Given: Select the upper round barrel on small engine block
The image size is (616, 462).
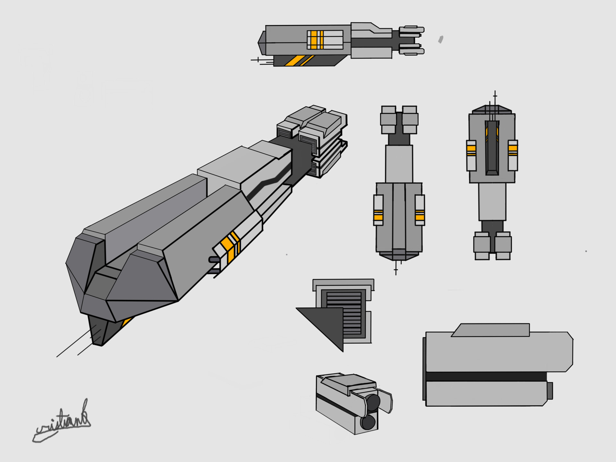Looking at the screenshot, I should click(373, 401).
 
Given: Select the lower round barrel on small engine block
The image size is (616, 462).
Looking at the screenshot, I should click(368, 422).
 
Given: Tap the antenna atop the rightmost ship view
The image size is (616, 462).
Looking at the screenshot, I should click(495, 98).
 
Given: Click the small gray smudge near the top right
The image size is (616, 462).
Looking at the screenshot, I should click(441, 39).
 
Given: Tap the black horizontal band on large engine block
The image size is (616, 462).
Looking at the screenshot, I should click(486, 376).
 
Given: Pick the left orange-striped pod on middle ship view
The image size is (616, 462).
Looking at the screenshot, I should click(379, 210).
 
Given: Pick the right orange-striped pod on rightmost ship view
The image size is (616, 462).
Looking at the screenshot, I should click(513, 155).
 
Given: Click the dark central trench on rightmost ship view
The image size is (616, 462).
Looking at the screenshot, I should click(492, 148).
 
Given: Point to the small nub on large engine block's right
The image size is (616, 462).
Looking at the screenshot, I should click(550, 390).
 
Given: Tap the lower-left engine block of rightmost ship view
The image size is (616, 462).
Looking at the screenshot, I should click(482, 245).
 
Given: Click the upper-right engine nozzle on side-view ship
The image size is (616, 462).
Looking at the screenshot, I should click(412, 30).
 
